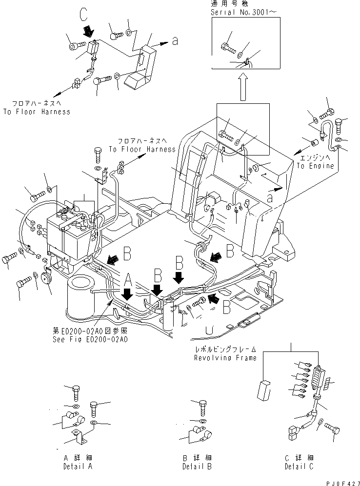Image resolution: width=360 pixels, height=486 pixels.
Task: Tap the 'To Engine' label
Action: [x=315, y=166]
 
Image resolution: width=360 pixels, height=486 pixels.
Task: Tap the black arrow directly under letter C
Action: [x=88, y=32]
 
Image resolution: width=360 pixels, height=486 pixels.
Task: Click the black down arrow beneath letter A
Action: [x=127, y=294]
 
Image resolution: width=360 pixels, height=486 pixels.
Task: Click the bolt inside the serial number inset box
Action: [x=228, y=48]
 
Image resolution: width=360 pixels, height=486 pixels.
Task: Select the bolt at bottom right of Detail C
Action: [x=334, y=429]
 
